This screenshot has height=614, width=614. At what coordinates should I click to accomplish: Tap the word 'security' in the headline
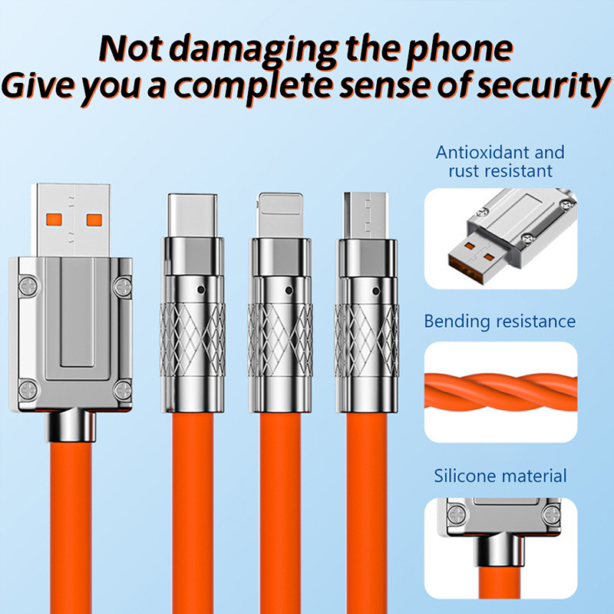pyautogui.click(x=543, y=87)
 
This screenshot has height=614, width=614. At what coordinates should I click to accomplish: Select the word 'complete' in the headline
pyautogui.click(x=253, y=87)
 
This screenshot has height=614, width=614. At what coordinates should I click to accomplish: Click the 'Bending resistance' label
pyautogui.click(x=500, y=322)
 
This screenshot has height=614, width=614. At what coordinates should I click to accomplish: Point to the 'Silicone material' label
pyautogui.click(x=500, y=476)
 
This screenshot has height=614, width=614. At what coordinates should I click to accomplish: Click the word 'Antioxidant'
pyautogui.click(x=483, y=152)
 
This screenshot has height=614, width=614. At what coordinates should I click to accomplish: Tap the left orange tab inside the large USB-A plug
pyautogui.click(x=54, y=220)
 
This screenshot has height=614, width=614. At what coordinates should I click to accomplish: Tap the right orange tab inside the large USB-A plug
pyautogui.click(x=94, y=220)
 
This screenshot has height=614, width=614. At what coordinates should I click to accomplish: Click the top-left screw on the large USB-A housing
pyautogui.click(x=28, y=286)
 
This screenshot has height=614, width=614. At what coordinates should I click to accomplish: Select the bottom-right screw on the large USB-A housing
pyautogui.click(x=124, y=390)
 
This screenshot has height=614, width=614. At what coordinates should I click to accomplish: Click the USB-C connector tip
pyautogui.click(x=192, y=216)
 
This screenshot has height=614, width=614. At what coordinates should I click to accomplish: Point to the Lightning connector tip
pyautogui.click(x=279, y=215)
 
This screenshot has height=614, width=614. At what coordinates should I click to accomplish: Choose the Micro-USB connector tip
pyautogui.click(x=366, y=216)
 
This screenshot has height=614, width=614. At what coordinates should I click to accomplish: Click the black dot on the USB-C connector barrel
pyautogui.click(x=201, y=290)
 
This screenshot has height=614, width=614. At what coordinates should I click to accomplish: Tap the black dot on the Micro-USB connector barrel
pyautogui.click(x=376, y=291)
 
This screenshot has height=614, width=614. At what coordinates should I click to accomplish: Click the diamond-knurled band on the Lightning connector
pyautogui.click(x=280, y=340)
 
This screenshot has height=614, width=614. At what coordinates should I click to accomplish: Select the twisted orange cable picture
pyautogui.click(x=501, y=392)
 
